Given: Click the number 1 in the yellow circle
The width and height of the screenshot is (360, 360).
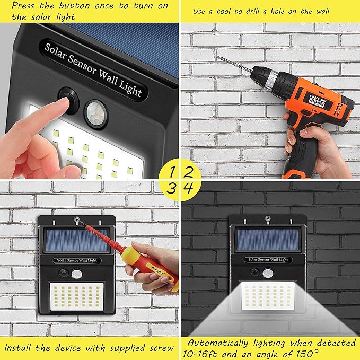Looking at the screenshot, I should (x=172, y=171).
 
